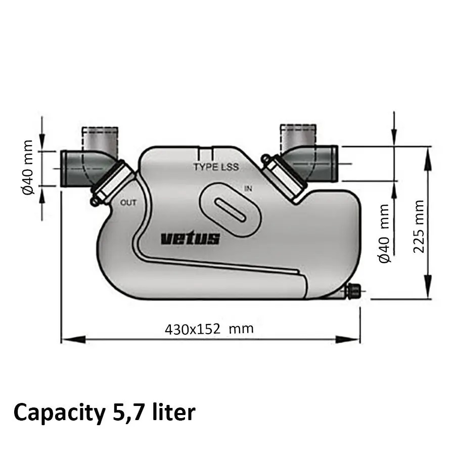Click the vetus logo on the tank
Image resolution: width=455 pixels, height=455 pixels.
[x=190, y=238]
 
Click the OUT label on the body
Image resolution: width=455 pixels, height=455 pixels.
[x=128, y=203]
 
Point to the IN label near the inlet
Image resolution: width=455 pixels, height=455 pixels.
[x=248, y=189]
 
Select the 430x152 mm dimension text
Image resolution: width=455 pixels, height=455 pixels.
[x=209, y=329]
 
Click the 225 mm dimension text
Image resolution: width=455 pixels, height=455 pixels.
[x=419, y=226]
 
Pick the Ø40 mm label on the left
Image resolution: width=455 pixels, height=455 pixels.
[x=28, y=167]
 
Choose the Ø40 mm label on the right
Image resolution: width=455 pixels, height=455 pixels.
[x=385, y=233]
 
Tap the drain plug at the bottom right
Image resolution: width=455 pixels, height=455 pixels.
[x=353, y=291]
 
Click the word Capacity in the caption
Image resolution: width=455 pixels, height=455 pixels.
[x=57, y=413]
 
